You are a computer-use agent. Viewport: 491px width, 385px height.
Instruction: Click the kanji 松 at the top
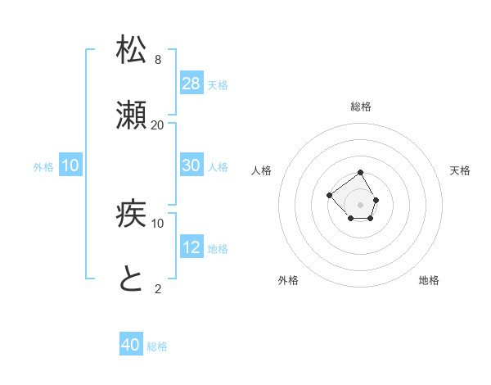[131, 51]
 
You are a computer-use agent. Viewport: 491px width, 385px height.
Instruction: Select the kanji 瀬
[131, 116]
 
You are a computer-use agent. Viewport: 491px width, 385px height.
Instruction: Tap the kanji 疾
[131, 215]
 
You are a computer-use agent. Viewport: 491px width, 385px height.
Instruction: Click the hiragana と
[131, 280]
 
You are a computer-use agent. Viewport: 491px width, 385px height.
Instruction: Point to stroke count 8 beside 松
[158, 60]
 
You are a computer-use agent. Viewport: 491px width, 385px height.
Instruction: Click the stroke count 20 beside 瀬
[158, 125]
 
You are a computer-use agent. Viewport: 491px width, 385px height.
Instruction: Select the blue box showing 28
[191, 84]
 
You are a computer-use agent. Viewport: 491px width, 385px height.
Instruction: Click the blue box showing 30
[191, 165]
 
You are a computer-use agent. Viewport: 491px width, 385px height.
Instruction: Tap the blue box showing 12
[191, 247]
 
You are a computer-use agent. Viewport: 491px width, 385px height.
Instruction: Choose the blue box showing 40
[131, 345]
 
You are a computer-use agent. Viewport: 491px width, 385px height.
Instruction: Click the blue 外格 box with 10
[70, 165]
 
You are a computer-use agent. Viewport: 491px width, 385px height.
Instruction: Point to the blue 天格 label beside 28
[218, 85]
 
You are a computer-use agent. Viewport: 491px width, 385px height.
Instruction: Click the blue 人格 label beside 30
[218, 167]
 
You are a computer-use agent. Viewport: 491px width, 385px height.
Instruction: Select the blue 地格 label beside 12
[218, 249]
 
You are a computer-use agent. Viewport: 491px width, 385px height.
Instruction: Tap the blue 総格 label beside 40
[157, 346]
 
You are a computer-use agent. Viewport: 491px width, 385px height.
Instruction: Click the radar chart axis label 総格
[361, 106]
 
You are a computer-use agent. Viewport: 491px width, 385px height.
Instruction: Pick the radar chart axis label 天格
[461, 170]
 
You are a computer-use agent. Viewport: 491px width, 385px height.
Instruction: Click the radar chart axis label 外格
[288, 280]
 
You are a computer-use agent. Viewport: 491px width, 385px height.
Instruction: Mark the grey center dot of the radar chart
[361, 205]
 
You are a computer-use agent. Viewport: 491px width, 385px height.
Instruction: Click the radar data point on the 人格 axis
[329, 195]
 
